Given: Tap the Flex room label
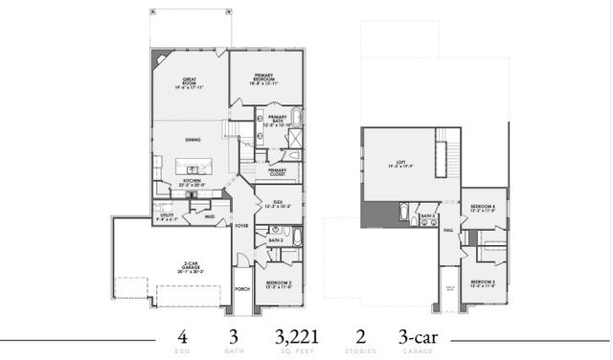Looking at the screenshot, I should [277, 203].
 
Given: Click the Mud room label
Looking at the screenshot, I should [210, 217].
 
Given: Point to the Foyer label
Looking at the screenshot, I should [243, 225].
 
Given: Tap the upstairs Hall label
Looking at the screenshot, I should [447, 230].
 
